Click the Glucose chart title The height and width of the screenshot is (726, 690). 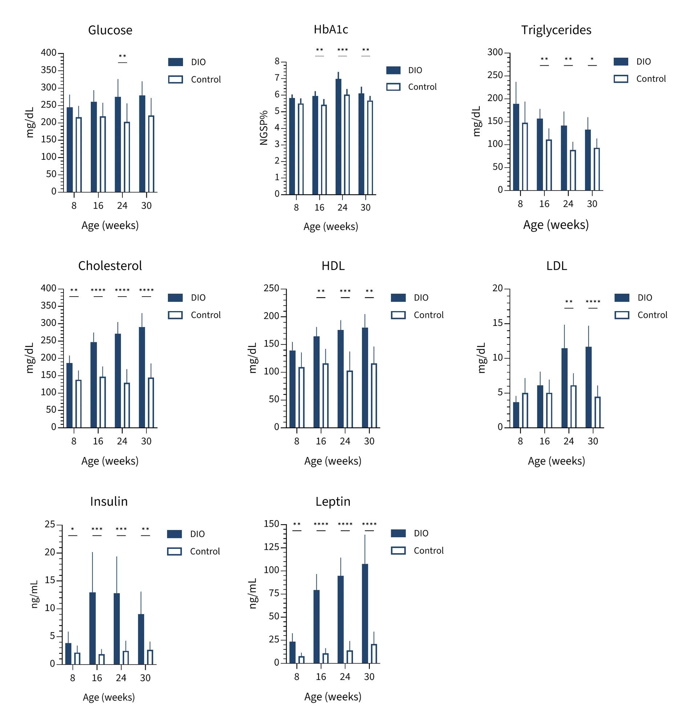[110, 30]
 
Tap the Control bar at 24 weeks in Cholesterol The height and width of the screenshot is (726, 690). [127, 405]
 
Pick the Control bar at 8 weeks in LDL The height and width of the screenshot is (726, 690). [525, 410]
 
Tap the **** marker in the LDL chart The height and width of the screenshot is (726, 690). [593, 302]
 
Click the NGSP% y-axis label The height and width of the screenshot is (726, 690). [264, 127]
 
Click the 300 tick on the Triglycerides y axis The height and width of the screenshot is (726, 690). [495, 53]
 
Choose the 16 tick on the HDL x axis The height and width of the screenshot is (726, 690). [321, 441]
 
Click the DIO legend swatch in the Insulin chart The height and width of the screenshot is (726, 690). [174, 534]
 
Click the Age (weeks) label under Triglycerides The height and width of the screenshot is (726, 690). [556, 225]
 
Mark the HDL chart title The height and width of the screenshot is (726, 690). [333, 266]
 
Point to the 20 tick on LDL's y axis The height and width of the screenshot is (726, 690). [498, 289]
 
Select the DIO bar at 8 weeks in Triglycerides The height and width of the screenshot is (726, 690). [516, 147]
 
